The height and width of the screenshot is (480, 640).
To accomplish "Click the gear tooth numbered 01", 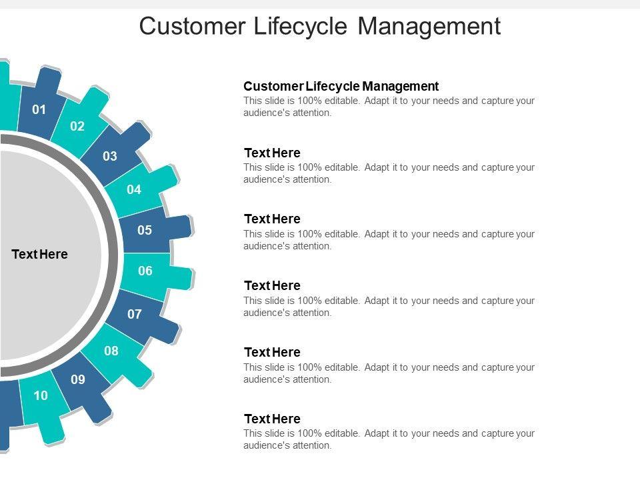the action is (40, 109).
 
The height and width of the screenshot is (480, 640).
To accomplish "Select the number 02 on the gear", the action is (77, 126).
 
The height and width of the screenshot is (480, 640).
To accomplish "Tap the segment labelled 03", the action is (110, 157).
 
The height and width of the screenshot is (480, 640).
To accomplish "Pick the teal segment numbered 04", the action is (134, 189).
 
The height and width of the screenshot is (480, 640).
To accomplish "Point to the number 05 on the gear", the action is (145, 231).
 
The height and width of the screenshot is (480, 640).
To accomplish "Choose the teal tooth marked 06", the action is (145, 271).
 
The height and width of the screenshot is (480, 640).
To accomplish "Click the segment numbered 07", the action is (135, 313).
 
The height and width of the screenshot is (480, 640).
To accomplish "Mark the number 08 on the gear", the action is (111, 351).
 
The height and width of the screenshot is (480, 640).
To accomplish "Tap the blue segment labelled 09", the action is (78, 380).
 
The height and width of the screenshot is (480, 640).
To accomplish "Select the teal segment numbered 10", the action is (41, 395).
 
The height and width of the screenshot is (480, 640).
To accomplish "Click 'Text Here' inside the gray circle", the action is (40, 254).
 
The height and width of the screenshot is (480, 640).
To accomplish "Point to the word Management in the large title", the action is (429, 26).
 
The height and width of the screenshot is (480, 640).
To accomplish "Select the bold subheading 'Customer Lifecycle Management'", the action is (341, 86).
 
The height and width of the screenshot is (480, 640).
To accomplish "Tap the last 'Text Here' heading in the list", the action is (272, 419).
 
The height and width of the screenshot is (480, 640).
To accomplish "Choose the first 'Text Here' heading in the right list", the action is (272, 153).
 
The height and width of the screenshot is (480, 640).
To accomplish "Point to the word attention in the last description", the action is (312, 445).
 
